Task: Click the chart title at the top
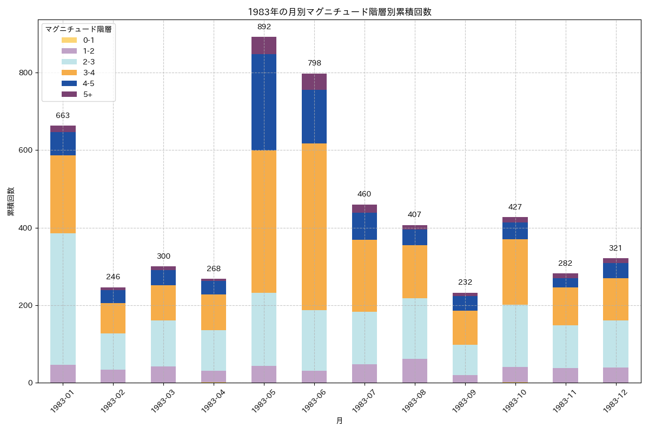pos(340,12)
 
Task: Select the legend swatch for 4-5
pos(69,83)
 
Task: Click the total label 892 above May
pos(264,27)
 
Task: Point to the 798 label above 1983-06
pos(314,63)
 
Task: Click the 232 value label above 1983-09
pos(465,283)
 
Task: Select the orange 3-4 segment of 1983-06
pos(314,227)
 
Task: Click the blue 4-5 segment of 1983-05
pos(264,102)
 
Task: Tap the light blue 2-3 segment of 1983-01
pos(63,299)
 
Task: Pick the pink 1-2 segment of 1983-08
pos(415,370)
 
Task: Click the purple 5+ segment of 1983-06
pos(314,82)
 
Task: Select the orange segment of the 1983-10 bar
pos(515,272)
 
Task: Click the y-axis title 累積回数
pos(11,202)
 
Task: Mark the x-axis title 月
pos(340,421)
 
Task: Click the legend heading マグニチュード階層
pos(78,29)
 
